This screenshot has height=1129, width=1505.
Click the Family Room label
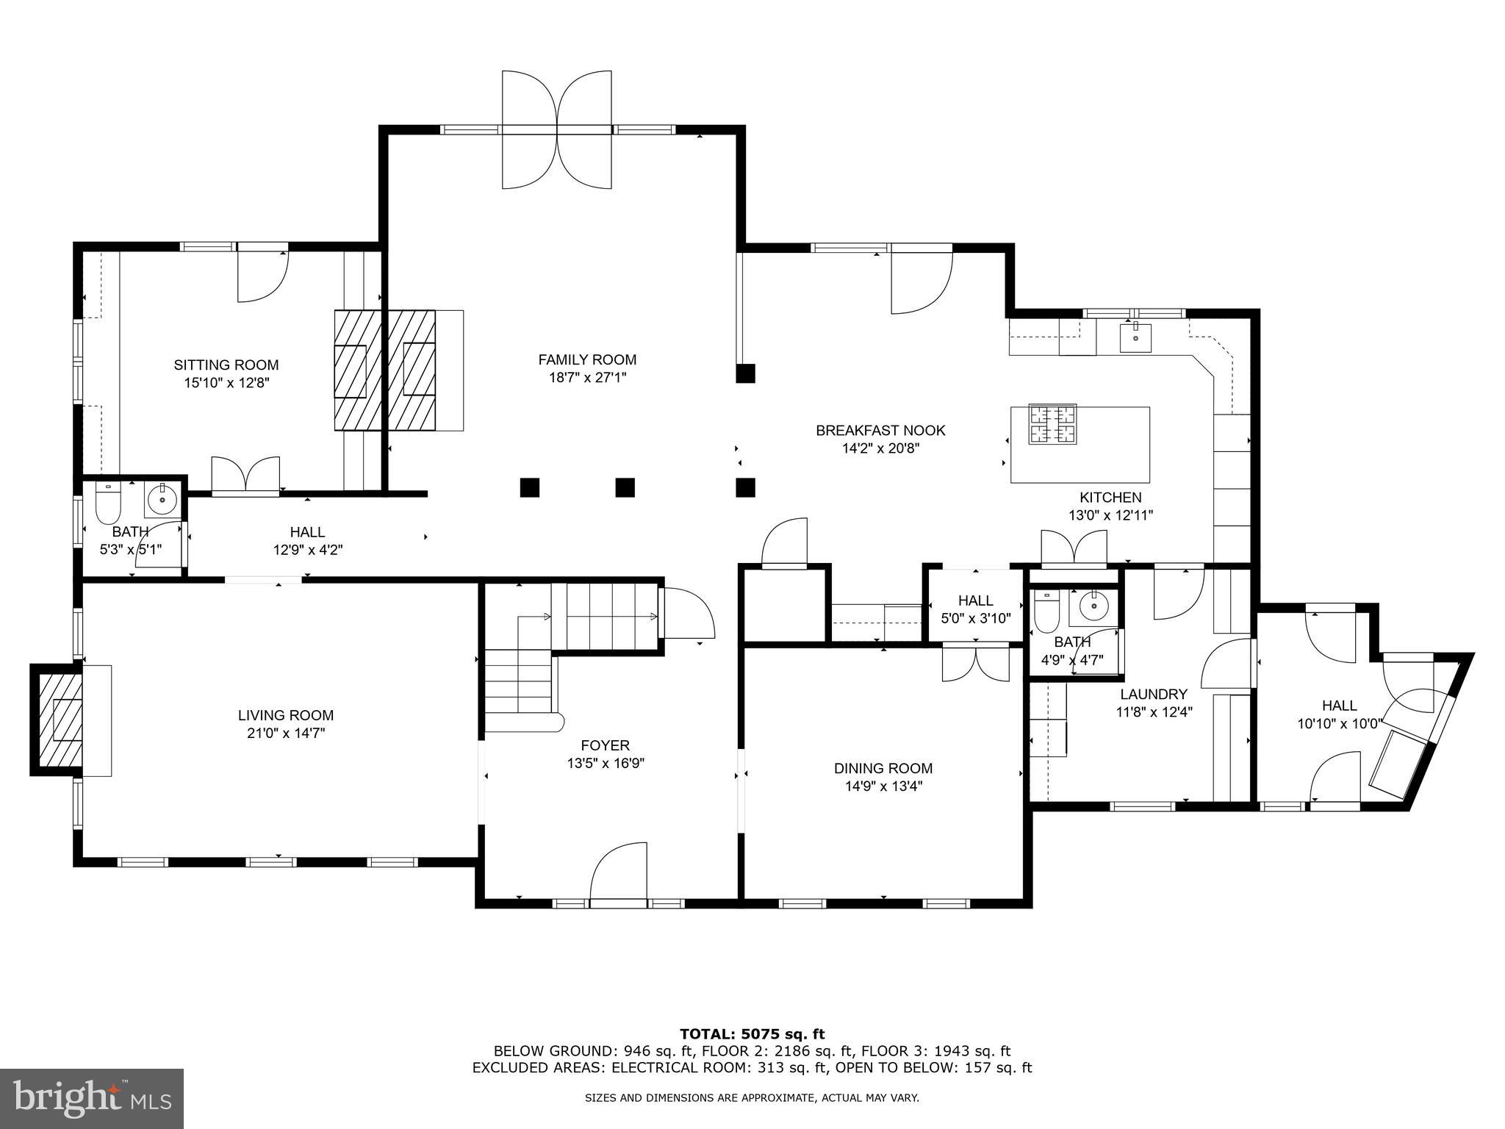tap(587, 359)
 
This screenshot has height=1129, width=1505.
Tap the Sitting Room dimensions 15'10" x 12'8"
tap(226, 383)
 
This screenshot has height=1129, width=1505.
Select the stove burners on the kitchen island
tap(1052, 424)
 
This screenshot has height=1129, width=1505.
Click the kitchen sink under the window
tap(1135, 338)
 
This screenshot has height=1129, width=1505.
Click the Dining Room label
tap(883, 768)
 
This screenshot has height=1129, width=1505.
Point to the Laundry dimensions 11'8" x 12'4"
tap(1154, 712)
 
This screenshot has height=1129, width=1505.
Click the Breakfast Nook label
tap(880, 430)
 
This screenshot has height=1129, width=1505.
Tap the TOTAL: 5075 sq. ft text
tap(752, 1034)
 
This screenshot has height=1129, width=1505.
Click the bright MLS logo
tap(92, 1099)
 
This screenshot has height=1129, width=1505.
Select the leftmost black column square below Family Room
tap(529, 487)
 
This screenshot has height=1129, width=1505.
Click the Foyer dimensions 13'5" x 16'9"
tap(605, 763)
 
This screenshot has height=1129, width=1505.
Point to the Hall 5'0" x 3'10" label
tap(975, 601)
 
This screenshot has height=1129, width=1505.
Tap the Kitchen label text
tap(1110, 498)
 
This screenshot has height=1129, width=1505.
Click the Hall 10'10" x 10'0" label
tap(1339, 706)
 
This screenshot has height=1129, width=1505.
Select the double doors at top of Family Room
tap(557, 130)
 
